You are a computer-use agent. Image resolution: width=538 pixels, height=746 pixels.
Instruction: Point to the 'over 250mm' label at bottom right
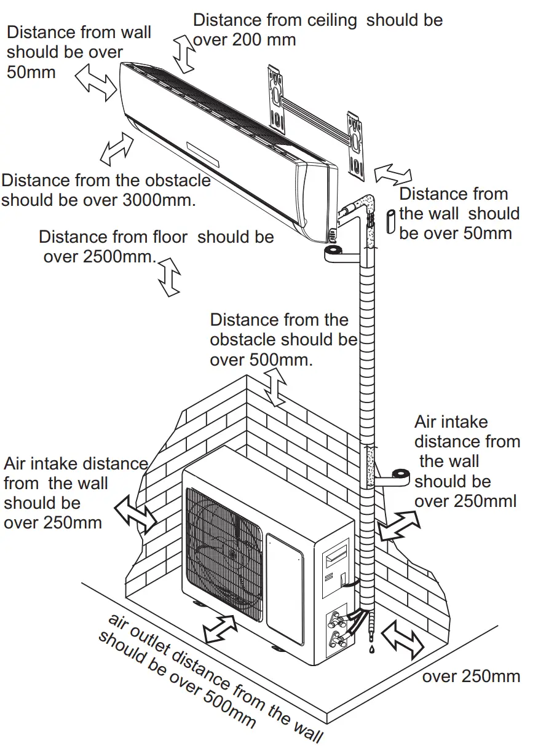[x=471, y=677]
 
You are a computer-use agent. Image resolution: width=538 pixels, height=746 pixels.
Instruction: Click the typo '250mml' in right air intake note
[x=486, y=501]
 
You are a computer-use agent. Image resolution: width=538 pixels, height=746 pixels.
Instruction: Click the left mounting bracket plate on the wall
[x=276, y=98]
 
